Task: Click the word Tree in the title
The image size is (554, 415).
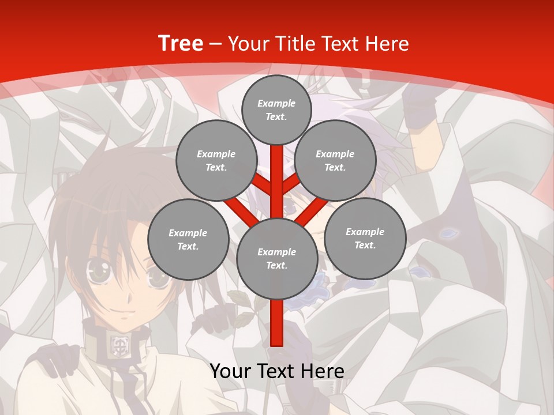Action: (181, 43)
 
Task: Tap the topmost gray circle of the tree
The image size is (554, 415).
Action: (276, 110)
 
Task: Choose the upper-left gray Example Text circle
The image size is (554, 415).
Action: (216, 160)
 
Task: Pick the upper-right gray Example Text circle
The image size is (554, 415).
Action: (335, 160)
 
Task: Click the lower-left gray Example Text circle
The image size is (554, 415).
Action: (188, 239)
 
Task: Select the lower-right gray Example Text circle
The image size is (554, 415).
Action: (365, 238)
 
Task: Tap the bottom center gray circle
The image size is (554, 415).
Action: (277, 258)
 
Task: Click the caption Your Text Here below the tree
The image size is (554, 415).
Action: (277, 371)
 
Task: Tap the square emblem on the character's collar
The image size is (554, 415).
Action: (119, 345)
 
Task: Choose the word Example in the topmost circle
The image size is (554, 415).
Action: (276, 103)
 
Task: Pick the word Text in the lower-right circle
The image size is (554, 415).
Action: (365, 245)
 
